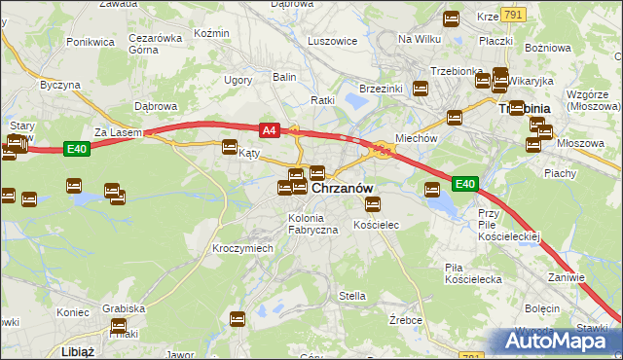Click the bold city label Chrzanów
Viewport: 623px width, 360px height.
343,187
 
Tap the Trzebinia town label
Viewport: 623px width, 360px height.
525,109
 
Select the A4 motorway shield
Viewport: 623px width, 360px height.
270,128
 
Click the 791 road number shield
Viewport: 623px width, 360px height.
514,15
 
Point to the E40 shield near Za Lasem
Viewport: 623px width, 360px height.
79,148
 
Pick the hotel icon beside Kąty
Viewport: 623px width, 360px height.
230,148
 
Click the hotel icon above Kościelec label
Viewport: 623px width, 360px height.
372,203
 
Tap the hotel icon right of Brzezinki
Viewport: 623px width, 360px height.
421,89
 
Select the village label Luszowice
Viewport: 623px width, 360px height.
332,42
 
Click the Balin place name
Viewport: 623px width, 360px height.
284,76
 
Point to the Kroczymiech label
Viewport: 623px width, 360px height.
242,248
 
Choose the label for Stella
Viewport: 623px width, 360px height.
351,296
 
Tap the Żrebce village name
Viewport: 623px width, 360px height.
404,319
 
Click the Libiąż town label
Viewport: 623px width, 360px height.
77,350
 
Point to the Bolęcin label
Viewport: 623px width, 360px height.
542,307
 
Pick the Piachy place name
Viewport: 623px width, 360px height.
560,173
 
